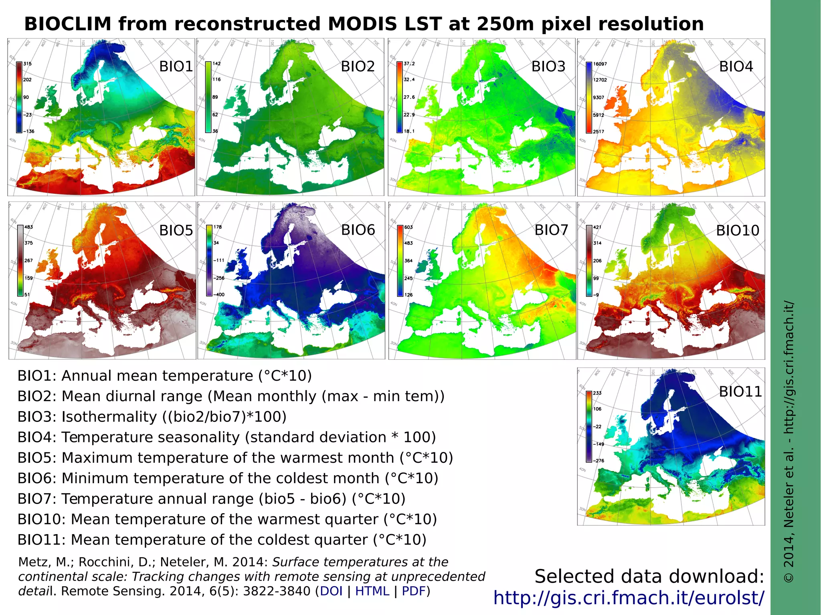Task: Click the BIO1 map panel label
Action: (x=176, y=67)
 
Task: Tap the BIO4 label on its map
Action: (x=736, y=67)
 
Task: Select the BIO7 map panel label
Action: (x=551, y=230)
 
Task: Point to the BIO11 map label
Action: (x=740, y=392)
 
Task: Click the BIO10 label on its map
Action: (x=737, y=231)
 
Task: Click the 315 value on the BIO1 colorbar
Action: (x=27, y=64)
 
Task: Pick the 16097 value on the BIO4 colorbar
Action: (x=600, y=64)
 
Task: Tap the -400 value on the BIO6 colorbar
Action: (x=219, y=294)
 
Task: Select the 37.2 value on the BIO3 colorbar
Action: (x=409, y=64)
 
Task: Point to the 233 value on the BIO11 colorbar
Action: (x=597, y=393)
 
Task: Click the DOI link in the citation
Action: (x=331, y=591)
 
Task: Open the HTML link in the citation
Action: (x=372, y=591)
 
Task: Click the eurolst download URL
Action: (x=629, y=598)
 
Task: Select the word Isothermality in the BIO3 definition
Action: (x=109, y=417)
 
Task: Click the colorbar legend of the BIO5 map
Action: (x=20, y=260)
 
